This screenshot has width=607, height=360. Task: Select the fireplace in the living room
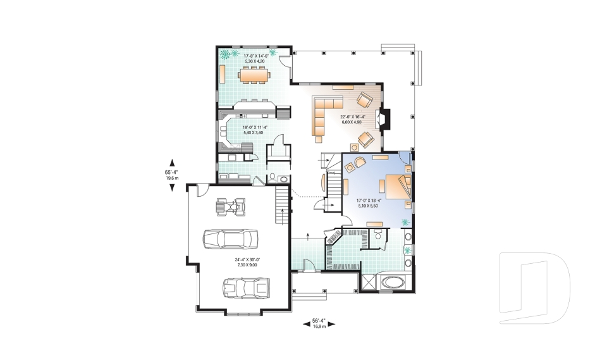(x=384, y=118)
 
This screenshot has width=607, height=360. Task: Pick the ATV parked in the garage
(x=231, y=207)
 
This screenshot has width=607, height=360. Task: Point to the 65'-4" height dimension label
(x=171, y=175)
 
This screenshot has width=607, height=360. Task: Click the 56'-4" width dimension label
(x=319, y=323)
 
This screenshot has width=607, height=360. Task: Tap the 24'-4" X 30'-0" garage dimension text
(x=247, y=263)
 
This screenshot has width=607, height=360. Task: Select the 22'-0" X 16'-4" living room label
(x=352, y=120)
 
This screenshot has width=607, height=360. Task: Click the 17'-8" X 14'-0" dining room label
(x=255, y=58)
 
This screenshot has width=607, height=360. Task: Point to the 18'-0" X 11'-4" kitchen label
(x=254, y=130)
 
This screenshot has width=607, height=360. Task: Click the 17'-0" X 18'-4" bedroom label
(x=368, y=203)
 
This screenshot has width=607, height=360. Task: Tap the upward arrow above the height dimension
(x=172, y=163)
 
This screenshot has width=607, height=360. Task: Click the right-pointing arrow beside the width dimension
(x=331, y=325)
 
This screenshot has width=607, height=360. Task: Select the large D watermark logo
(x=534, y=289)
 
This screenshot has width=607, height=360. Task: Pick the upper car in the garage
(x=231, y=239)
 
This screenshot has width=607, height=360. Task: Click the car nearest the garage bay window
(x=246, y=288)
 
